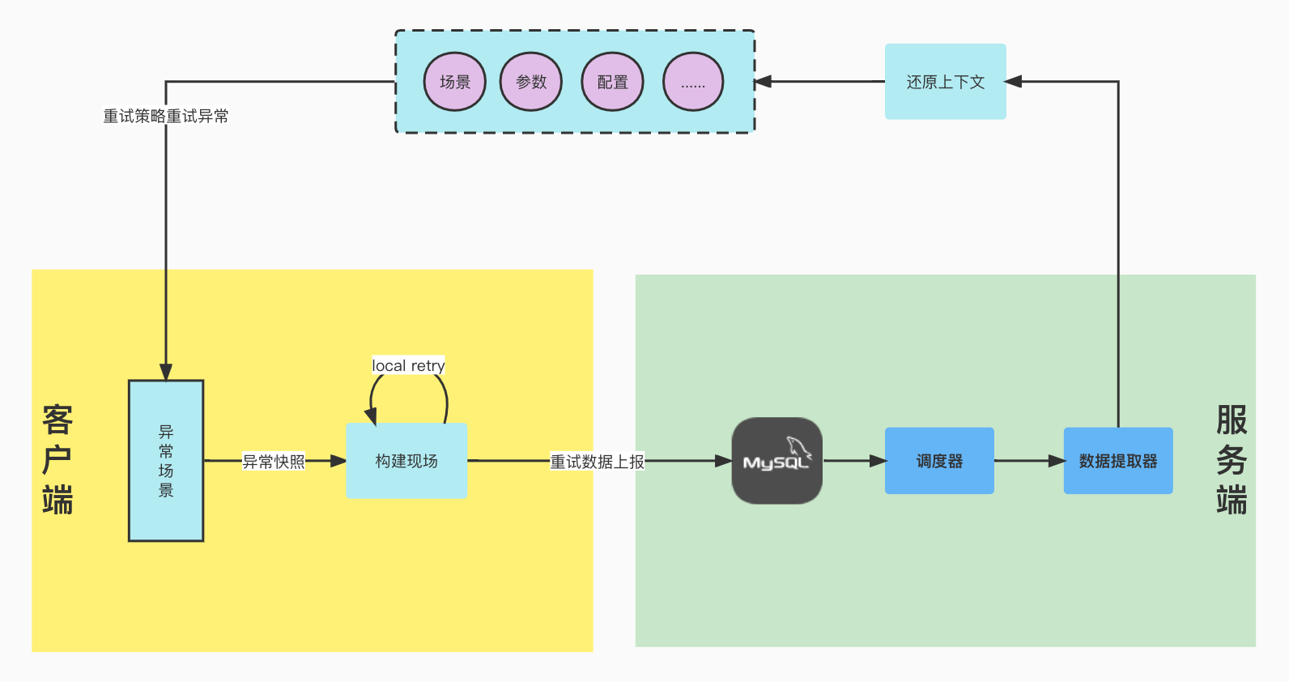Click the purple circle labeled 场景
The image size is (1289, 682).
(454, 82)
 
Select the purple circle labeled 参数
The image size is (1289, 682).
(530, 82)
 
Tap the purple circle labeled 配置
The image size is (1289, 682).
(612, 82)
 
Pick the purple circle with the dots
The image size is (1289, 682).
(692, 82)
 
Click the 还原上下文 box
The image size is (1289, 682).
(945, 82)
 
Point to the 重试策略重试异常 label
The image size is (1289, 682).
(166, 117)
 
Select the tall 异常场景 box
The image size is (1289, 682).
(166, 460)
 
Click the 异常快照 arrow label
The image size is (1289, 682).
(274, 462)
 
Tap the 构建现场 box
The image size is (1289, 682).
(406, 460)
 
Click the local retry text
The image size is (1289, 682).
(408, 365)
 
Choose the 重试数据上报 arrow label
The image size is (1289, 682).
(598, 462)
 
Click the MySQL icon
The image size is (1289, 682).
(776, 460)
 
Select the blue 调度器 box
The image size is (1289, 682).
(939, 461)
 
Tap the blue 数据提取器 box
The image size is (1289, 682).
(1117, 461)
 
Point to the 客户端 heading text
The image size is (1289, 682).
(57, 460)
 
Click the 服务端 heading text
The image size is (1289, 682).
(1231, 460)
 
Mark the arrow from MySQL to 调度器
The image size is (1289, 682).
(853, 461)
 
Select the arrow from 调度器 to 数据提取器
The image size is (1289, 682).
(1028, 461)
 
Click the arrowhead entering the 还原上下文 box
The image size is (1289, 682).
(1014, 82)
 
